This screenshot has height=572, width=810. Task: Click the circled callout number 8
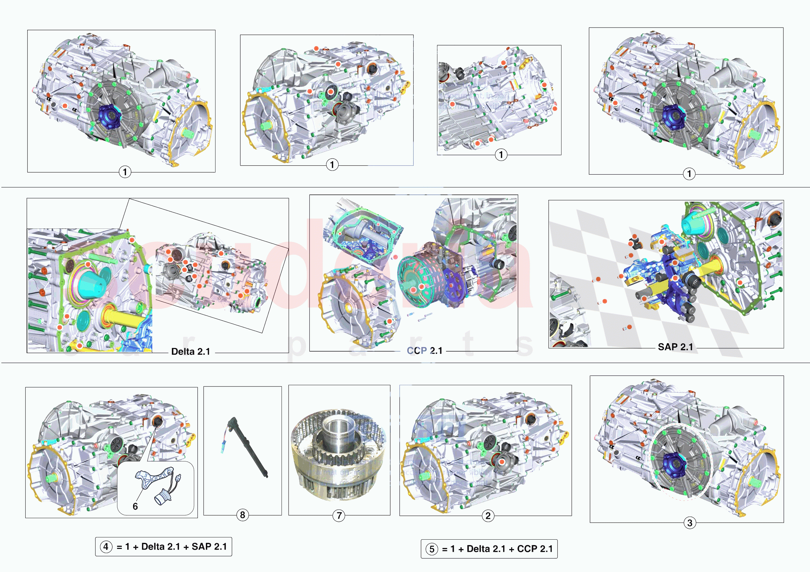pos(242,515)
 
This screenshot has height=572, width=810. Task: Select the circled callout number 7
pos(339,516)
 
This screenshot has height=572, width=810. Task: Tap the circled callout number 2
pos(488,516)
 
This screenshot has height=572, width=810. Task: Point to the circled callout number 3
pos(690,523)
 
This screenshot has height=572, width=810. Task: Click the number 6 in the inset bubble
pos(135,506)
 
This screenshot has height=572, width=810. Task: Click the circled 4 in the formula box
pos(106,547)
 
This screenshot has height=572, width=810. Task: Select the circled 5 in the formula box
pos(432,549)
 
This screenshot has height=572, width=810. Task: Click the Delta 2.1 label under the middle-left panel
pos(190,352)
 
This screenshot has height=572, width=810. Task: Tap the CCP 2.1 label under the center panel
pos(425,351)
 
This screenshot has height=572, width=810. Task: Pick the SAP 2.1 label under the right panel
pos(675,347)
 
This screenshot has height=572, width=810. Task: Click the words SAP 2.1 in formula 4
pos(209,547)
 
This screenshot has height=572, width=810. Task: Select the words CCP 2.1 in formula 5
pos(535,549)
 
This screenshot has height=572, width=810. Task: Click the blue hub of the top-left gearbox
pos(109,116)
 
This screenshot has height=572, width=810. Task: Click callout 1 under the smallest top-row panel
pos(501,154)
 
